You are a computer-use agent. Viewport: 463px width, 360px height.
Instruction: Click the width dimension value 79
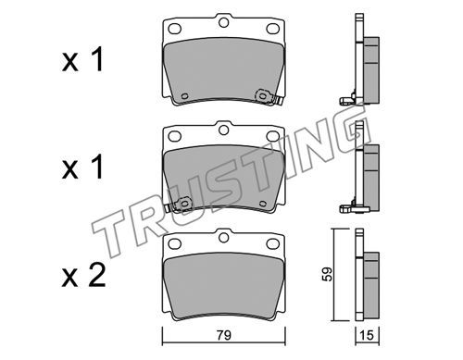coord(224,335)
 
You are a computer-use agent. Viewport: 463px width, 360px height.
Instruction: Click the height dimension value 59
coord(328,274)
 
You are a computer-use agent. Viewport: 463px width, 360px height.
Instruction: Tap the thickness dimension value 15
coord(367,336)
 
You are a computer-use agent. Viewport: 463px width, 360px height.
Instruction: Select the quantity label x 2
coord(83,276)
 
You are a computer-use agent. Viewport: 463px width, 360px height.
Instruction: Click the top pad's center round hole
coord(223,22)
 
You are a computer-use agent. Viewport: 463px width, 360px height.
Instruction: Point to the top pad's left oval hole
coord(174,29)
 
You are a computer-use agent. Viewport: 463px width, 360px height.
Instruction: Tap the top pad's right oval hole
coord(272,29)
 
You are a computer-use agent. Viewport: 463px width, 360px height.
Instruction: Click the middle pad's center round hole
coord(223,130)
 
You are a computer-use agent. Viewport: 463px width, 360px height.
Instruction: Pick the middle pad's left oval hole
coord(174,136)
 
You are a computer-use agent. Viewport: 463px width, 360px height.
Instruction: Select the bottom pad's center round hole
coord(223,238)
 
